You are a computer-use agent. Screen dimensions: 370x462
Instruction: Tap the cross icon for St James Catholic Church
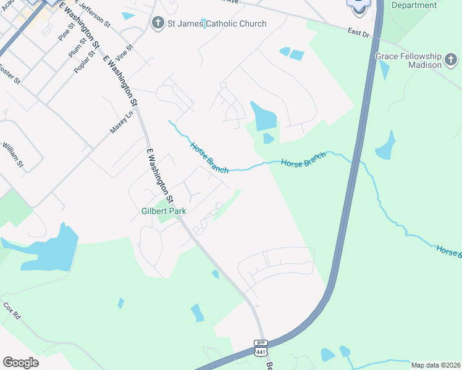pyautogui.click(x=157, y=23)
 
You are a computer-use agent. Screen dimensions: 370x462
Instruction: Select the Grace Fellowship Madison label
pyautogui.click(x=408, y=60)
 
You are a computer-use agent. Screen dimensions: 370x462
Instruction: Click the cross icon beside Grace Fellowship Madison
pyautogui.click(x=451, y=60)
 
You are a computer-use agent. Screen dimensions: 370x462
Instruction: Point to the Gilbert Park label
pyautogui.click(x=164, y=211)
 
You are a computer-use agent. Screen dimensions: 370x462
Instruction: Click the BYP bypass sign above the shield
pyautogui.click(x=259, y=342)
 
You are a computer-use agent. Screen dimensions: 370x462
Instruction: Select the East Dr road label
pyautogui.click(x=358, y=33)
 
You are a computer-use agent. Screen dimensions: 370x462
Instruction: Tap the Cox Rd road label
pyautogui.click(x=12, y=311)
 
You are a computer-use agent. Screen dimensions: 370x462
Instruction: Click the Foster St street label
pyautogui.click(x=10, y=75)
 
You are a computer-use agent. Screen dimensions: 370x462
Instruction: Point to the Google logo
pyautogui.click(x=20, y=363)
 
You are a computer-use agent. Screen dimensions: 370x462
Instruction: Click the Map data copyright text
pyautogui.click(x=436, y=365)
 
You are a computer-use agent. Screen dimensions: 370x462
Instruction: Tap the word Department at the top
pyautogui.click(x=414, y=5)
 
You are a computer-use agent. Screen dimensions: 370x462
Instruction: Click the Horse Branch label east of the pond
pyautogui.click(x=303, y=162)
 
